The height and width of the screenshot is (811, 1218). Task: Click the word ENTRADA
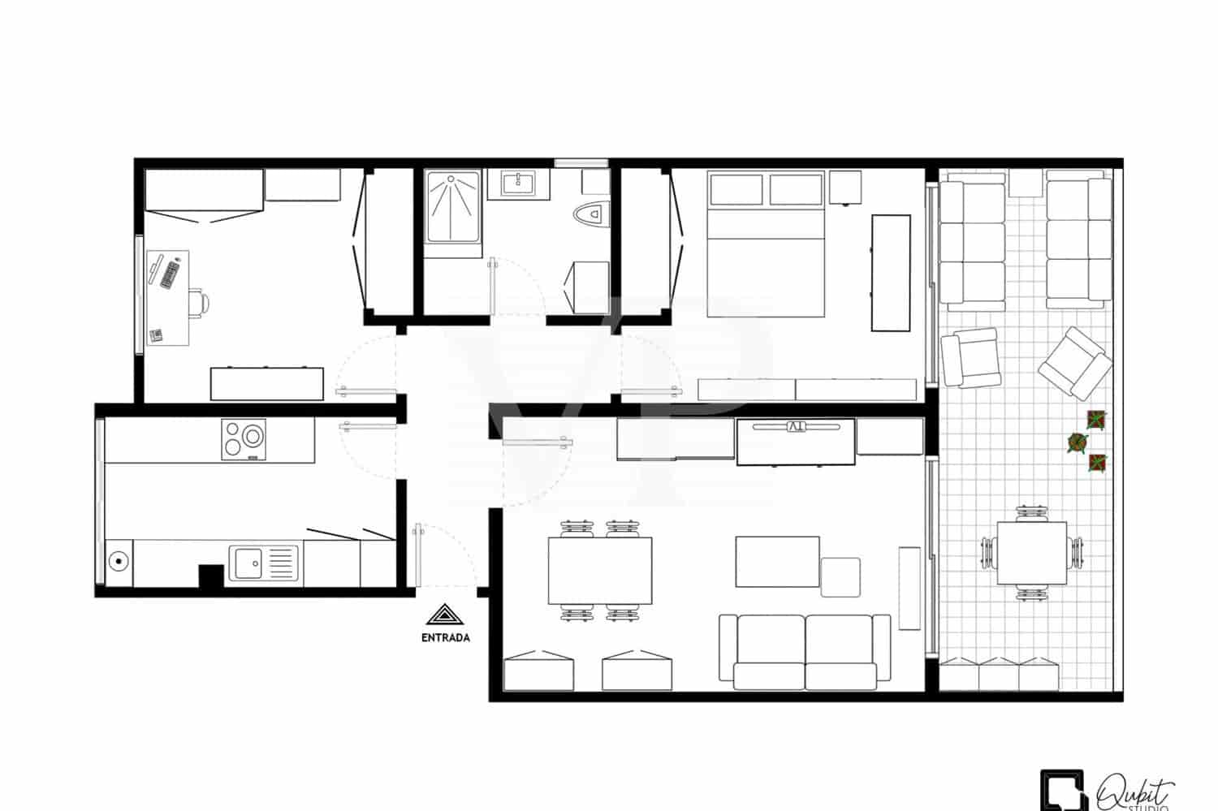click(x=445, y=637)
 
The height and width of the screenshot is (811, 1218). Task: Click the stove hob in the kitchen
click(x=244, y=439)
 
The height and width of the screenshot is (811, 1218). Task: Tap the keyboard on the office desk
click(x=170, y=274)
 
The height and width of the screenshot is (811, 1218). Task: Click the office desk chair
click(x=198, y=302)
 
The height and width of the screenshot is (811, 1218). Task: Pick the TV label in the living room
click(x=795, y=426)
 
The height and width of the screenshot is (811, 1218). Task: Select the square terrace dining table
click(x=1031, y=553)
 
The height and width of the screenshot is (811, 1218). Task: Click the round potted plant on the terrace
click(x=1078, y=442)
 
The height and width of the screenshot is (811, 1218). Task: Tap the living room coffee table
click(x=777, y=561)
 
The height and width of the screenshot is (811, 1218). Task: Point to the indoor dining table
click(x=600, y=570)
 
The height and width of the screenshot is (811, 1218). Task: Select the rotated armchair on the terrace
click(x=1075, y=363)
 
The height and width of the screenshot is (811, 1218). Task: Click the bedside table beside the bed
click(x=845, y=188)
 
